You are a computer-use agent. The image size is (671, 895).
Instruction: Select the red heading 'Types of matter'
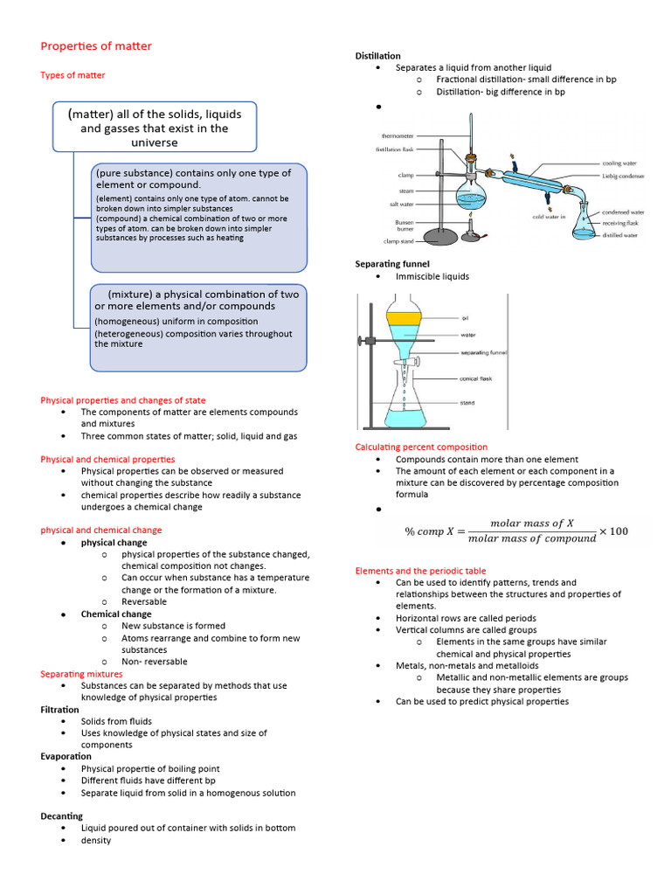click(73, 75)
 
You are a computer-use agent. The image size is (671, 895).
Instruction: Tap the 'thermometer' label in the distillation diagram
click(398, 135)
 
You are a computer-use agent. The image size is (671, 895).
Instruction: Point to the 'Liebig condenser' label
click(623, 177)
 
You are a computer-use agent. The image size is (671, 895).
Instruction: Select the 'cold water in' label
click(550, 217)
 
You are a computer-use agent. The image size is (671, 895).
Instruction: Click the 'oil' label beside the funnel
click(466, 318)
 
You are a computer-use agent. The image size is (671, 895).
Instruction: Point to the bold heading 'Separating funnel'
click(392, 263)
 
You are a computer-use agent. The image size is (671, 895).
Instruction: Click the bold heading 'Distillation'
click(377, 56)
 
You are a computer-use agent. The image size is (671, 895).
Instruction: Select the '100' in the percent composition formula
click(619, 531)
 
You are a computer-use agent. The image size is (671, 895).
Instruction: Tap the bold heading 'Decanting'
click(61, 815)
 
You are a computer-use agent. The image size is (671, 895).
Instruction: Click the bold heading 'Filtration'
click(59, 710)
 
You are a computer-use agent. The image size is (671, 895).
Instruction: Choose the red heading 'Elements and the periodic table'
click(421, 571)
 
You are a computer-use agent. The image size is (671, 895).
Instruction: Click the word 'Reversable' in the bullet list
click(144, 601)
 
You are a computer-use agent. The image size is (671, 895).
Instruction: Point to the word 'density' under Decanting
click(96, 840)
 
